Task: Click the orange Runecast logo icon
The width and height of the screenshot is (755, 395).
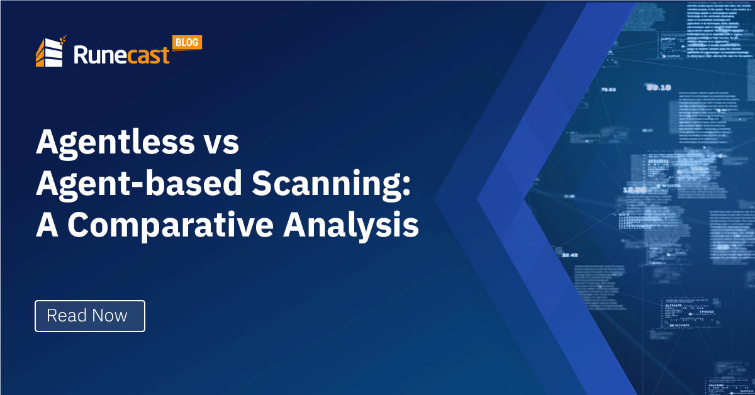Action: tap(50, 52)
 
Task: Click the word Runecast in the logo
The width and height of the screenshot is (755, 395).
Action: tap(121, 54)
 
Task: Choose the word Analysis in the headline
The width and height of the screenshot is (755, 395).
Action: tap(350, 225)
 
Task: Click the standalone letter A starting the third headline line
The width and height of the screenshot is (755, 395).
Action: tap(47, 225)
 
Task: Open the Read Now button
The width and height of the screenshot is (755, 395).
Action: tap(89, 316)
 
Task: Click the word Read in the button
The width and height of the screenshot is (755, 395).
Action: tap(65, 316)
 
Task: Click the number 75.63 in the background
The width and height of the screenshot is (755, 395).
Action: tap(608, 90)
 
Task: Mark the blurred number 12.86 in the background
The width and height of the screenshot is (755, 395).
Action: tap(634, 189)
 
